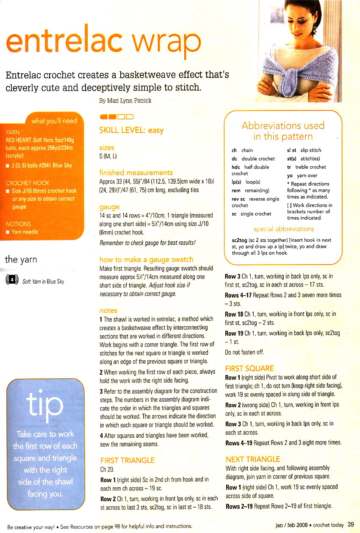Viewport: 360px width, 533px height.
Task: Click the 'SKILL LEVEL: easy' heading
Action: (x=131, y=130)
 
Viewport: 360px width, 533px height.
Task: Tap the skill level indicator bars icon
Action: (x=116, y=116)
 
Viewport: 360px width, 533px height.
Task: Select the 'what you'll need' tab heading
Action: (x=54, y=121)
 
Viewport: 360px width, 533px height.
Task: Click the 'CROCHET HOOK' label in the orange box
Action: (x=28, y=183)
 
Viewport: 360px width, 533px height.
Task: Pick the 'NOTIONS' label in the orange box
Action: (x=18, y=224)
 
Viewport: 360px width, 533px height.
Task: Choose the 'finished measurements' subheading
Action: (x=136, y=172)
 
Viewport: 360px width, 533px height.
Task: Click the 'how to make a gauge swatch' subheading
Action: (x=146, y=259)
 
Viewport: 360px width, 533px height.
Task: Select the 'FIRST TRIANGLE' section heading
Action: (x=127, y=460)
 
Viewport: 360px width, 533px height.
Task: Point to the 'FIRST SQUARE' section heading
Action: (x=249, y=368)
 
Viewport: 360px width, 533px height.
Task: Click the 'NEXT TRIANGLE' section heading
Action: (x=253, y=459)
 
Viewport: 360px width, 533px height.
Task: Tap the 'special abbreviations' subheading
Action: (x=283, y=229)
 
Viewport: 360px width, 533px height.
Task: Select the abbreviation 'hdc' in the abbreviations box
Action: (x=236, y=167)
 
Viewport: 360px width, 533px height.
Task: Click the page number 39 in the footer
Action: (x=351, y=525)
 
